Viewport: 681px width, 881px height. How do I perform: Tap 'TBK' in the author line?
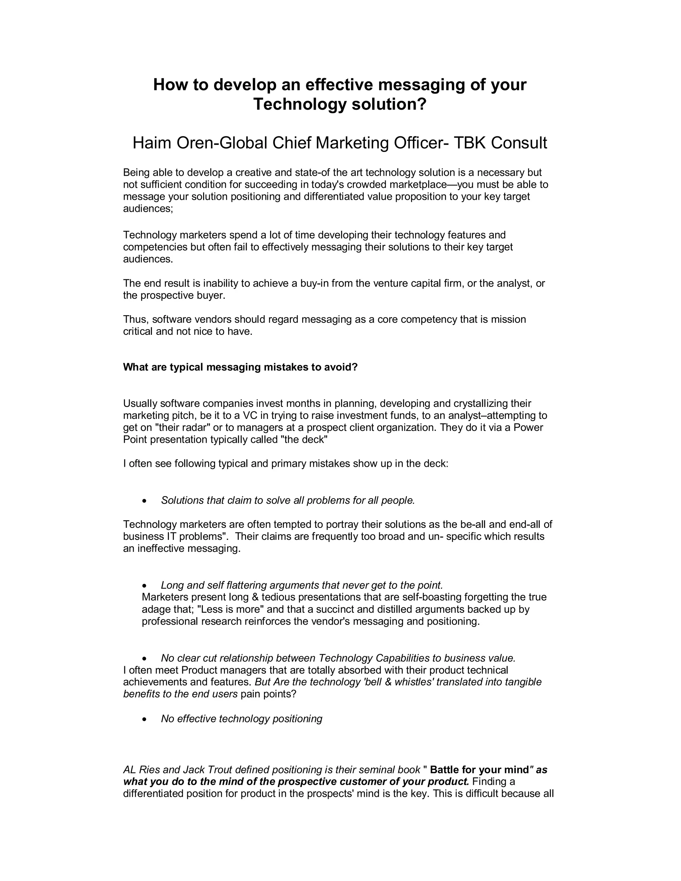point(470,143)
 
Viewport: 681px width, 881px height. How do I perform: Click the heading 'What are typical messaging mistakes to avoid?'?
point(240,367)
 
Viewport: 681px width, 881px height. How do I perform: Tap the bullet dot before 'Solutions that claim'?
point(144,501)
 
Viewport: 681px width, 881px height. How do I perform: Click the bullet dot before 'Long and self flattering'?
point(144,585)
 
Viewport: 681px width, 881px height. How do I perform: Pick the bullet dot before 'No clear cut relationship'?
point(144,658)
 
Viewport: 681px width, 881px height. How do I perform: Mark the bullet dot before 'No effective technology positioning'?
point(144,719)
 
